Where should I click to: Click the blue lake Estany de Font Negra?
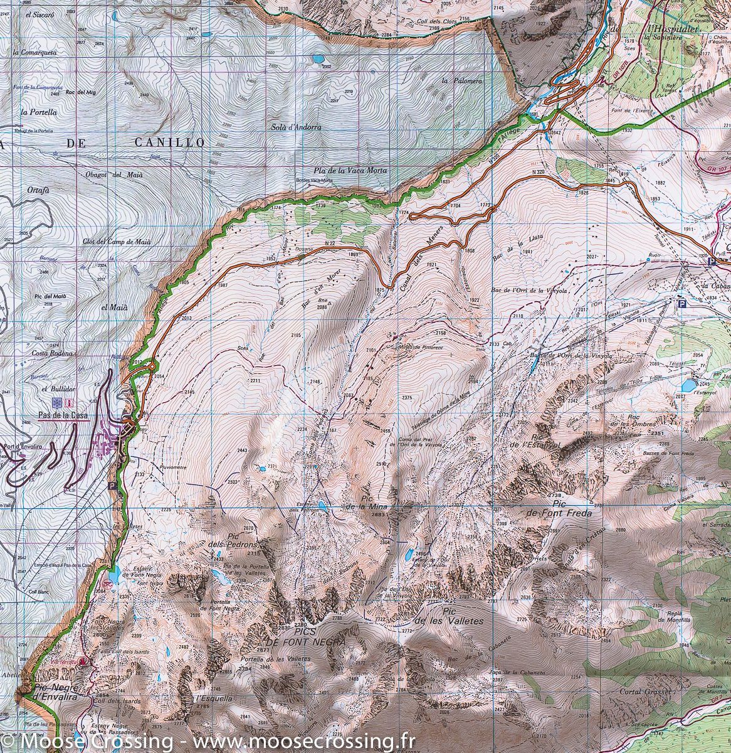(114, 574)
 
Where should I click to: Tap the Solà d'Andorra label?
(296, 127)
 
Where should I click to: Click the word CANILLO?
(169, 143)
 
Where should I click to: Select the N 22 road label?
(332, 243)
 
